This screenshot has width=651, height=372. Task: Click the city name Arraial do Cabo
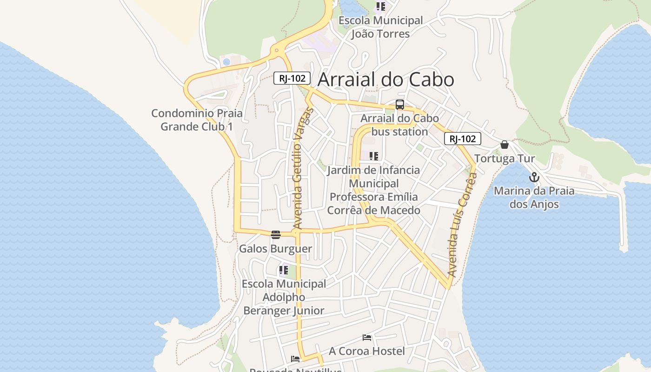385,80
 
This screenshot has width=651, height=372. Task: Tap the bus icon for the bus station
400,105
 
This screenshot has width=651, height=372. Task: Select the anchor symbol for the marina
534,177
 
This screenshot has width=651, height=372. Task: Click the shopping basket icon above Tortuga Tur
505,145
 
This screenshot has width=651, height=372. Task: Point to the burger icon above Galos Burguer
276,234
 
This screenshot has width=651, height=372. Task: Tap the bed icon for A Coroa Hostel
367,337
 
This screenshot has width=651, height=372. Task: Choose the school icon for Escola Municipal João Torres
381,7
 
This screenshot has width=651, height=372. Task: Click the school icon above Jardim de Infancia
374,156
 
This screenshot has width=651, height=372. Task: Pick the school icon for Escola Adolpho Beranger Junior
284,270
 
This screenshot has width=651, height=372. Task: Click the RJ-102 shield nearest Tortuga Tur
462,139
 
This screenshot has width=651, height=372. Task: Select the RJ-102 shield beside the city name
292,78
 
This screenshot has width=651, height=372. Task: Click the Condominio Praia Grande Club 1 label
197,120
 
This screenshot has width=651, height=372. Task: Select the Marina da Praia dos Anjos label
534,197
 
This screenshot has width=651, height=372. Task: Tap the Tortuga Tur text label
505,159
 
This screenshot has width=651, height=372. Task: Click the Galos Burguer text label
275,249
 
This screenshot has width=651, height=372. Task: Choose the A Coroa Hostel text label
367,351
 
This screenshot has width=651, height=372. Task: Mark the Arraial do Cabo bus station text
399,125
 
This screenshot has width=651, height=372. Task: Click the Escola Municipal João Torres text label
380,27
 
